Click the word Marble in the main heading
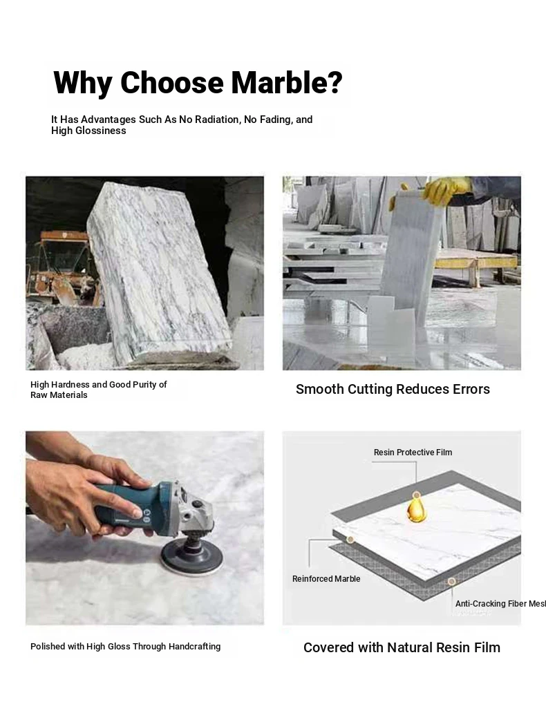coord(287,82)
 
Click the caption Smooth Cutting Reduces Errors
coord(393,389)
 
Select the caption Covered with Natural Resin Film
coord(402,647)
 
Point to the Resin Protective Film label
coord(413,452)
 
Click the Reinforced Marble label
coord(326,579)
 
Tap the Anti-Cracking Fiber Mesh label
coord(500,604)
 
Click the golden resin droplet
coord(417,508)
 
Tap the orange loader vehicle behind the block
coord(62,268)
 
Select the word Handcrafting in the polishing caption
coord(194,647)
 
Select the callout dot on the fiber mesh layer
coord(451,582)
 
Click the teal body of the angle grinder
coord(133,509)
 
